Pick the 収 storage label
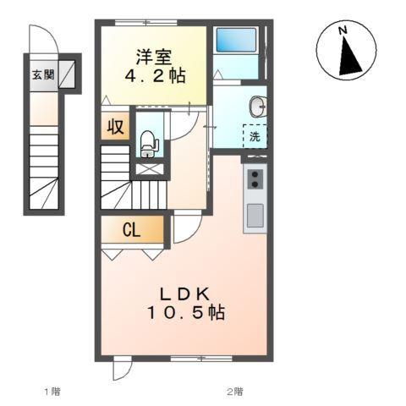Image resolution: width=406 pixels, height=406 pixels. (x=115, y=128)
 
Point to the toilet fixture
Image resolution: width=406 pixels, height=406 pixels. (x=148, y=144)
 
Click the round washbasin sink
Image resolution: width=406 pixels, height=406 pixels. (x=257, y=107)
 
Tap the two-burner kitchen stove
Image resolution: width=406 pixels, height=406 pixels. (x=255, y=178)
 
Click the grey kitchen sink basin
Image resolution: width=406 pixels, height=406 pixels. (x=255, y=216)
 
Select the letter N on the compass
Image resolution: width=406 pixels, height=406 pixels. (x=343, y=31)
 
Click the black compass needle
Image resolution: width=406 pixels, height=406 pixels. (x=348, y=59)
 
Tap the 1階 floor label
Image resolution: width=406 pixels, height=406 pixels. (x=52, y=391)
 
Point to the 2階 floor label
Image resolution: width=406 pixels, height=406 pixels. (x=234, y=391)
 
